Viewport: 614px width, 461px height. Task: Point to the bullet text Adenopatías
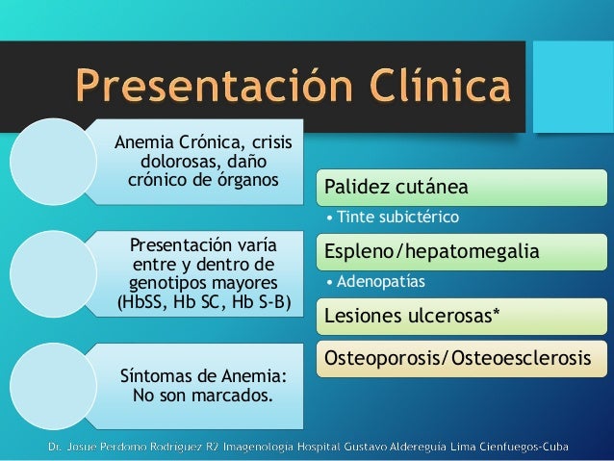click(383, 283)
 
